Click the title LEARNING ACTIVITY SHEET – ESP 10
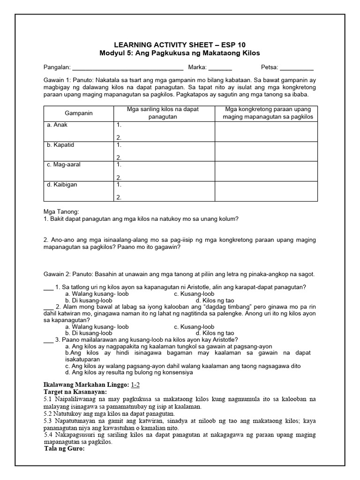tap(180, 45)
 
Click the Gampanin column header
tap(79, 113)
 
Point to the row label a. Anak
tap(57, 125)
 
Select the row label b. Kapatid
tap(60, 145)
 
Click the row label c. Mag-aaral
tap(64, 165)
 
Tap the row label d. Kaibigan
tap(62, 185)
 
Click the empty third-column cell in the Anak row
tap(266, 131)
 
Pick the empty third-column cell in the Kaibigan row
tap(266, 191)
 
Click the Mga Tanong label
tap(61, 211)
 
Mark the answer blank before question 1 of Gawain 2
tap(48, 287)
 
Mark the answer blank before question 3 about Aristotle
tap(48, 340)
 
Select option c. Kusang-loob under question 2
tap(194, 327)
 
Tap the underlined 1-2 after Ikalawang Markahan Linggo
tap(135, 384)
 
